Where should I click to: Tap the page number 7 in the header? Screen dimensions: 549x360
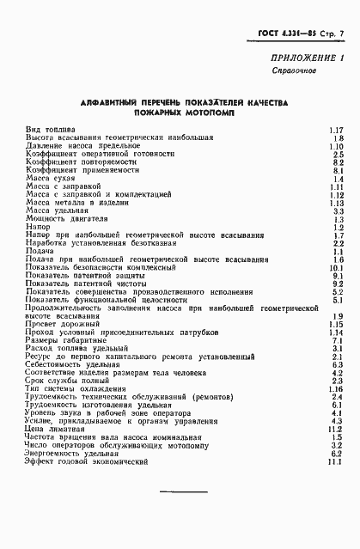click(341, 34)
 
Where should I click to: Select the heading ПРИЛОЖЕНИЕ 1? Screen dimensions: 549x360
click(303, 58)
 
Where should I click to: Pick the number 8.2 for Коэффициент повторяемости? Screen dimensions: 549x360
click(338, 162)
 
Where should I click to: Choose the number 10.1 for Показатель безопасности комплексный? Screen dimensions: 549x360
click(336, 267)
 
